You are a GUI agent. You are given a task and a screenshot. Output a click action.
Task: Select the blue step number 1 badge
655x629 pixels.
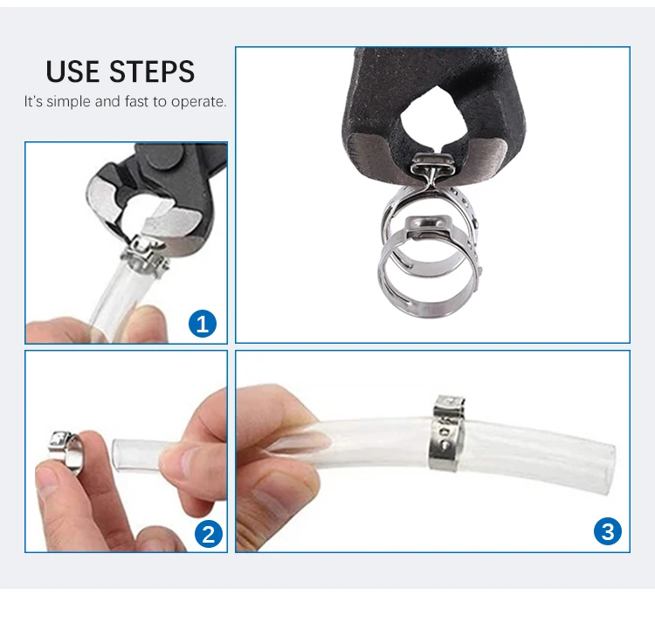coord(203,325)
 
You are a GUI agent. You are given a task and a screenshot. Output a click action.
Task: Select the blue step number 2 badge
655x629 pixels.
coord(207,533)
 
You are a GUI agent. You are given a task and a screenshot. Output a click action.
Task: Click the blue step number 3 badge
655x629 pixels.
coord(608,530)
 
